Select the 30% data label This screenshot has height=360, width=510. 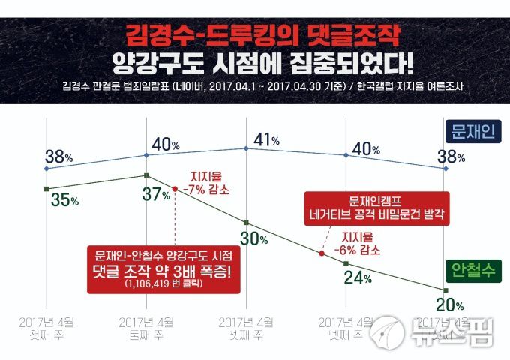(254, 238)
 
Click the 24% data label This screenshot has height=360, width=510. (358, 277)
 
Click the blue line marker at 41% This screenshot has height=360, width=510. (247, 148)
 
